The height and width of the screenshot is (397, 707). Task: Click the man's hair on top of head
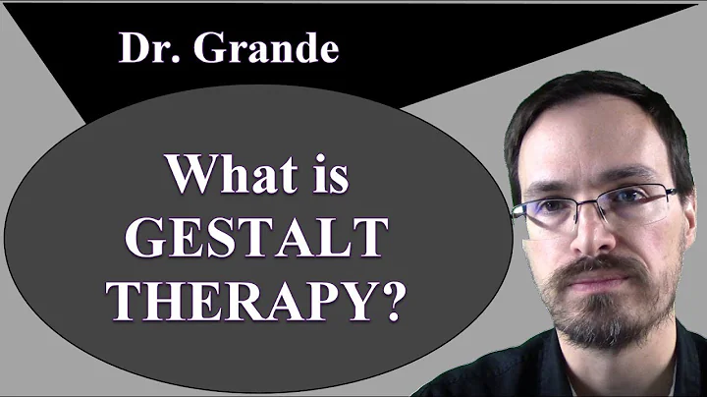tap(589, 93)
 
